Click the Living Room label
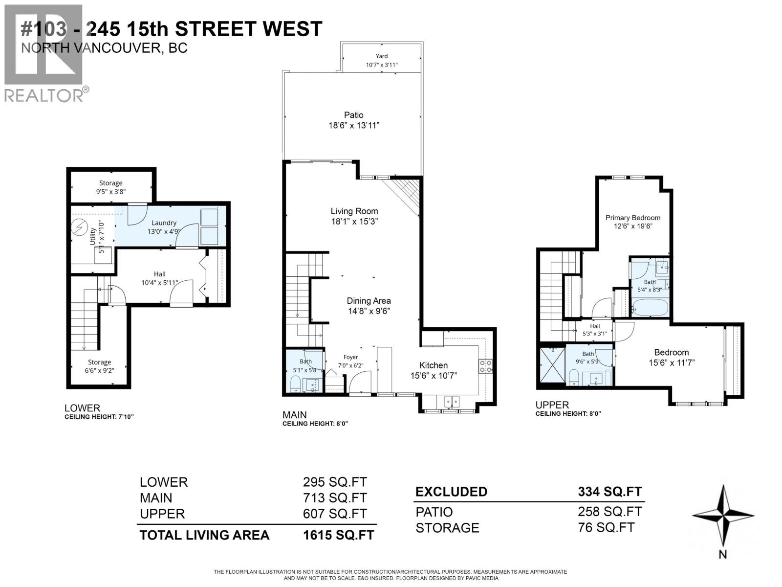pyautogui.click(x=354, y=211)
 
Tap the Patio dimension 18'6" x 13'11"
pyautogui.click(x=354, y=126)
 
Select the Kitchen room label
pyautogui.click(x=433, y=365)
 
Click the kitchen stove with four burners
pyautogui.click(x=485, y=366)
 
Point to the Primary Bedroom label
pyautogui.click(x=632, y=218)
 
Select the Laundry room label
pyautogui.click(x=164, y=223)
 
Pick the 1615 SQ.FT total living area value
pyautogui.click(x=338, y=535)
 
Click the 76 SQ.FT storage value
pyautogui.click(x=606, y=528)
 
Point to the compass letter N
pyautogui.click(x=723, y=554)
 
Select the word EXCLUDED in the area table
pyautogui.click(x=451, y=492)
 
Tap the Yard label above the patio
pyautogui.click(x=382, y=56)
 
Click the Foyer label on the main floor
pyautogui.click(x=350, y=357)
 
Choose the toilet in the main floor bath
pyautogui.click(x=296, y=384)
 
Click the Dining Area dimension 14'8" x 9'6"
pyautogui.click(x=369, y=311)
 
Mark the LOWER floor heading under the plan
pyautogui.click(x=82, y=408)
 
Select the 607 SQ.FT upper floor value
pyautogui.click(x=335, y=514)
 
